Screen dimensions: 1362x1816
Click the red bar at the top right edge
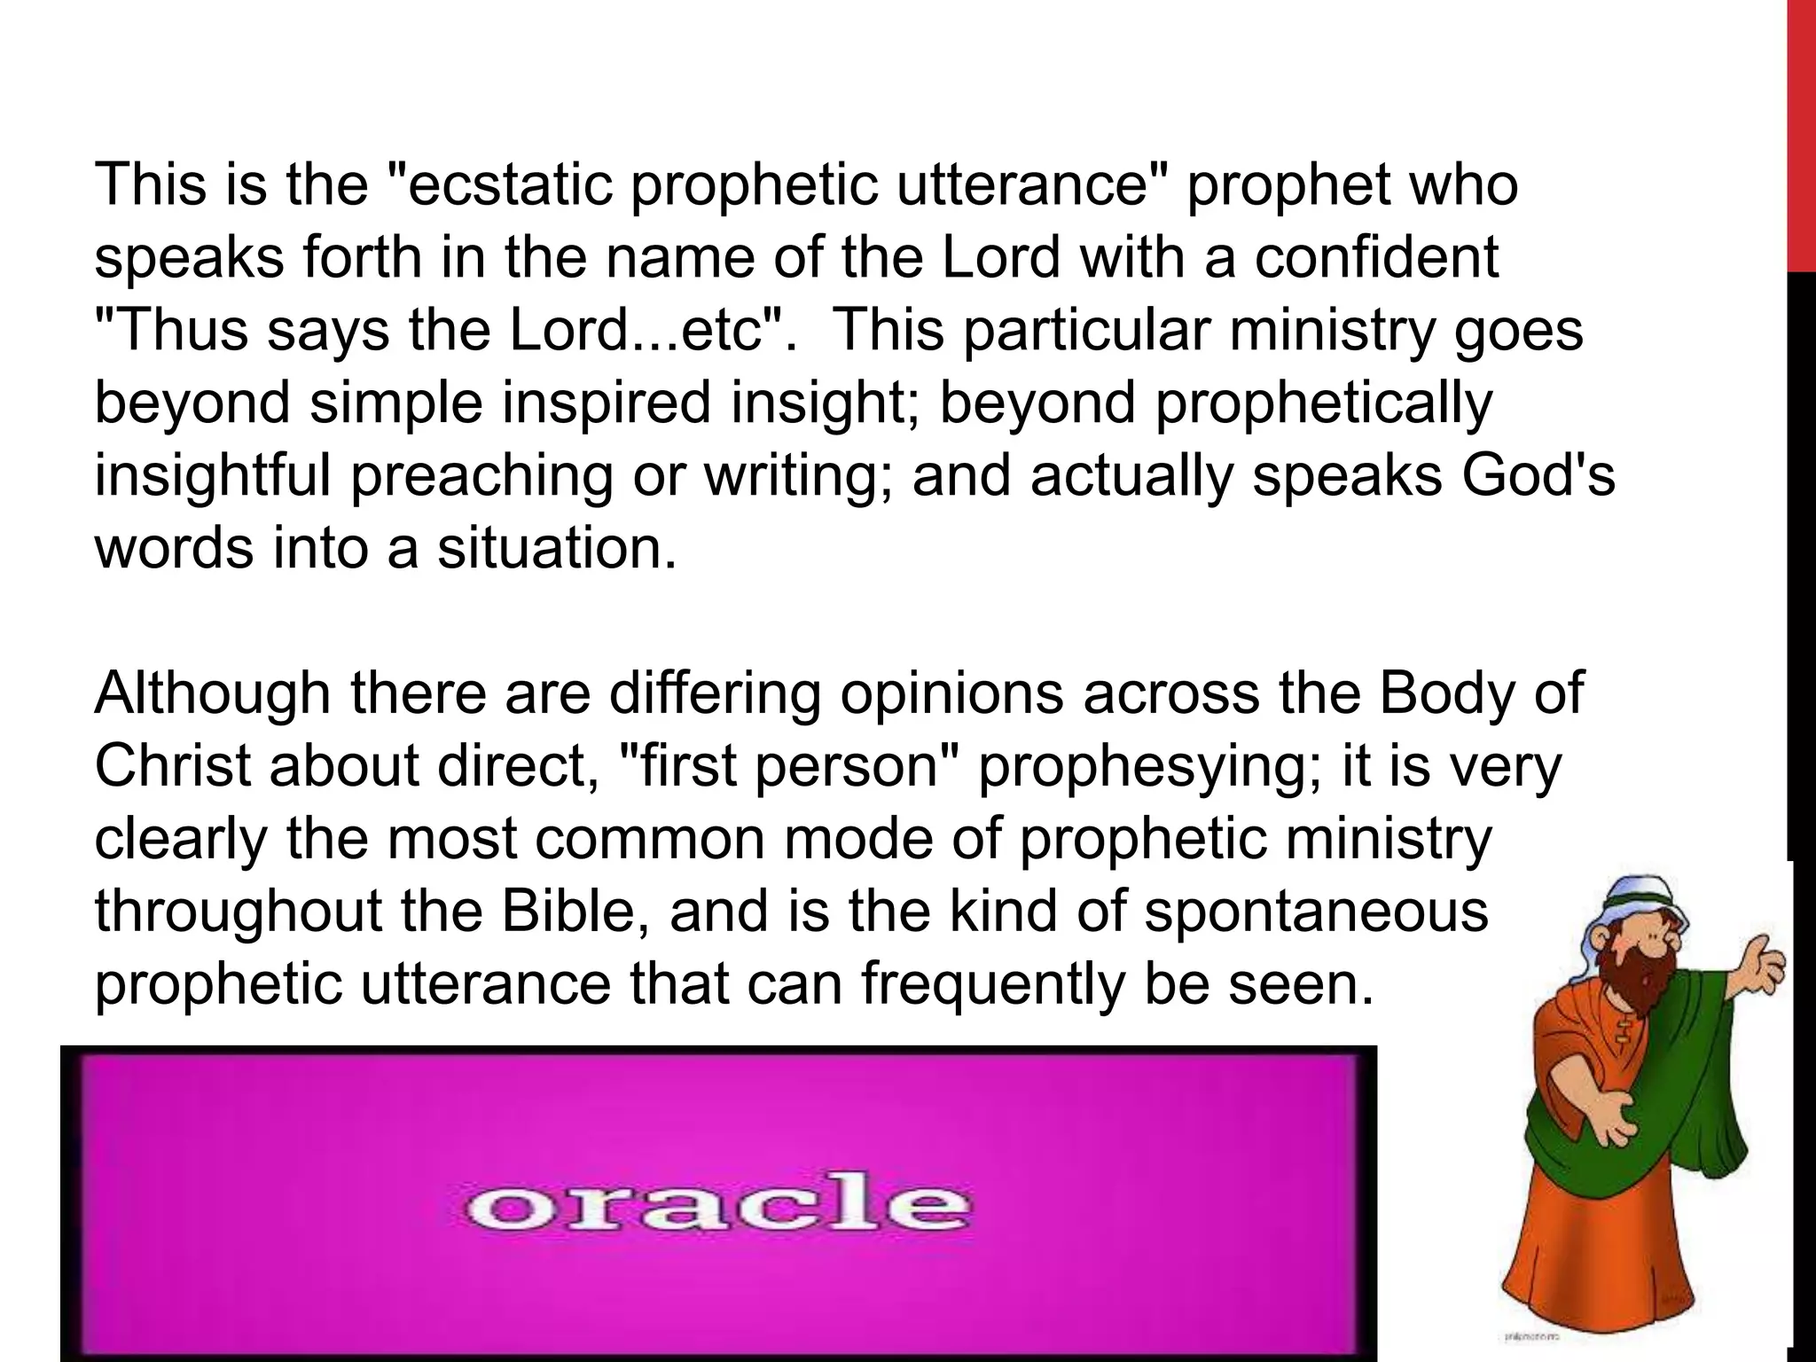coord(1801,133)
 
